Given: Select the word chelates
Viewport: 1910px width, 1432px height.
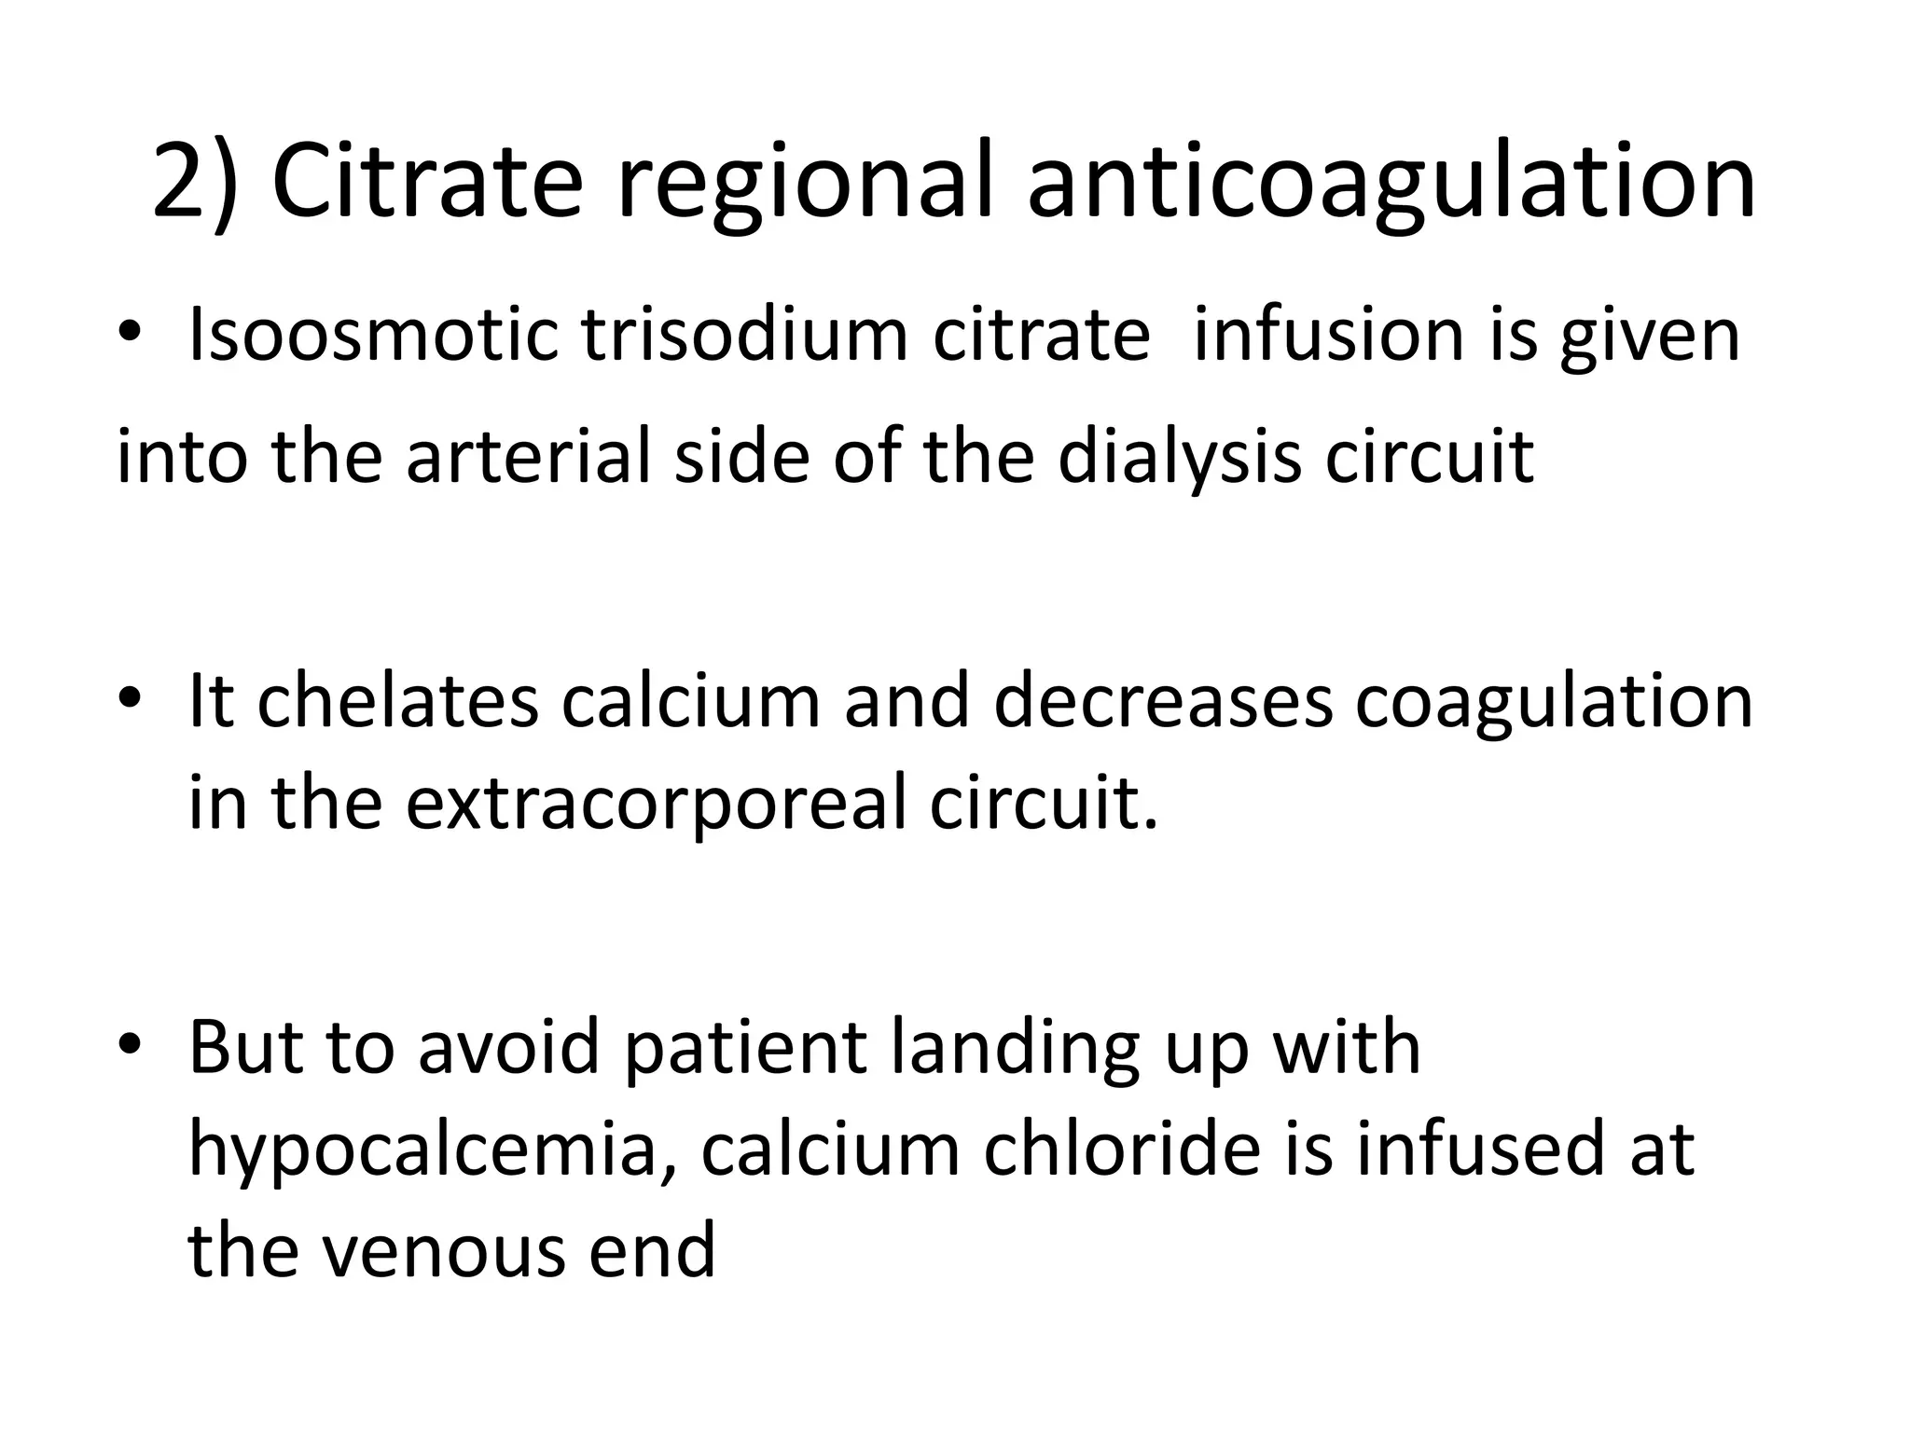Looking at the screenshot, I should click(x=397, y=701).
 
